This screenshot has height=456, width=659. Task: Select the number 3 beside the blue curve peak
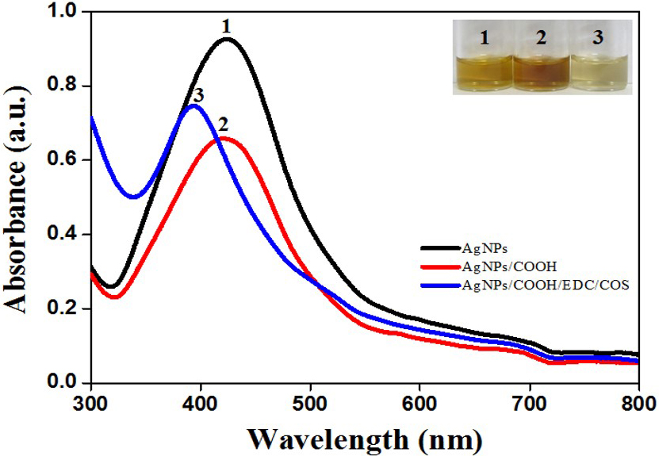point(197,95)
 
